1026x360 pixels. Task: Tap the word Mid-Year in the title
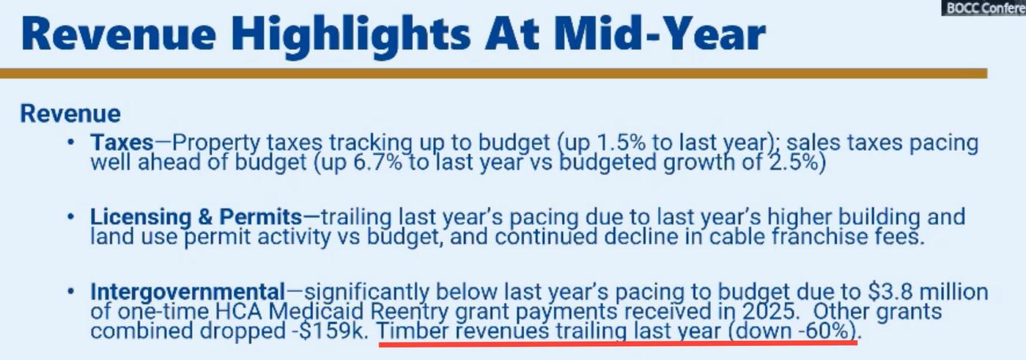[660, 34]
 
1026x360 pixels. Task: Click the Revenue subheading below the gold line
[70, 113]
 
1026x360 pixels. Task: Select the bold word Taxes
[122, 142]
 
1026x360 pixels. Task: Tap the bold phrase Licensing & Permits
[196, 217]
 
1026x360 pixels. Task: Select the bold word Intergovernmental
[188, 292]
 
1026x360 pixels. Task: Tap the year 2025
[768, 312]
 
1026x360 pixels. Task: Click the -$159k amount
[330, 331]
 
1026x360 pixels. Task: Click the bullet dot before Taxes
[70, 142]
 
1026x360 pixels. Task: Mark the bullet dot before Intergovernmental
[70, 291]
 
